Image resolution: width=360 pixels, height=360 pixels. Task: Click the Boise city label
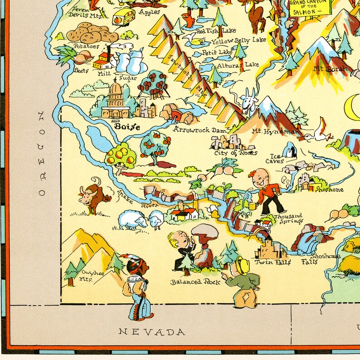126,126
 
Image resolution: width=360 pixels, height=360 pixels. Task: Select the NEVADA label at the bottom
152,332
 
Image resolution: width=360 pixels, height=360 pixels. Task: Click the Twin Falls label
271,262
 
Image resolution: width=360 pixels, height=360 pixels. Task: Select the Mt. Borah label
331,69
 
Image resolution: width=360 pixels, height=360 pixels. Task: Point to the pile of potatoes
89,34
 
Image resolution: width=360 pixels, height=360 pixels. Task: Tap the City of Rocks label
235,152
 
